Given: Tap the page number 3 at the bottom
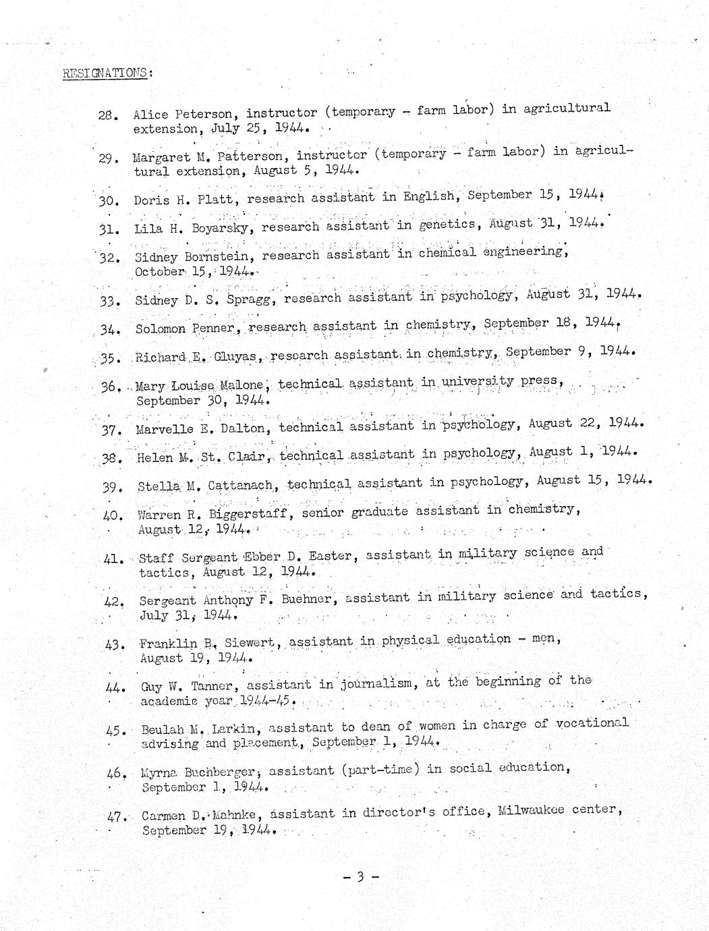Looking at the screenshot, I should point(361,876).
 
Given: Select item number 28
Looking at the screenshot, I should point(108,115).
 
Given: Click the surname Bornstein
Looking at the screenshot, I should point(219,256).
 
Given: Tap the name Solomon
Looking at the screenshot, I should point(159,329).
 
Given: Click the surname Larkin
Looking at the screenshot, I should point(234,729).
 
